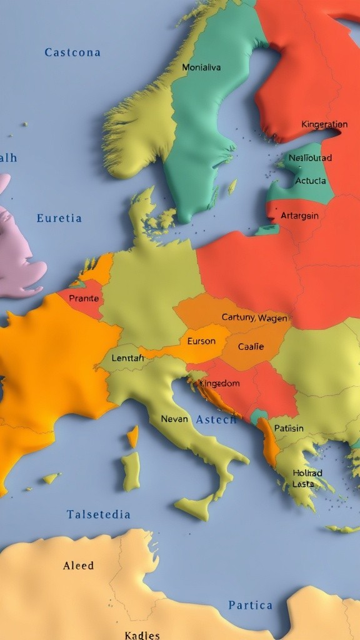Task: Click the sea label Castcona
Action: click(72, 52)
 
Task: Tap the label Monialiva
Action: click(201, 67)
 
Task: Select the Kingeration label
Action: click(324, 124)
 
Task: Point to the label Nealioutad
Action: click(311, 157)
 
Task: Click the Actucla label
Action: click(310, 181)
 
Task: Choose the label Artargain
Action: click(299, 216)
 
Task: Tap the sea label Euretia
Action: click(59, 218)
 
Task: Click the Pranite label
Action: click(84, 298)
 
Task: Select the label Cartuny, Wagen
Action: click(255, 317)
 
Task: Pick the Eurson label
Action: click(201, 341)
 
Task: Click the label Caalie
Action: click(251, 346)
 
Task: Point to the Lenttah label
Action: click(127, 358)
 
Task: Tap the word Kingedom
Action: click(219, 383)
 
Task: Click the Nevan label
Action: click(174, 419)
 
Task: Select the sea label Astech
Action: click(216, 419)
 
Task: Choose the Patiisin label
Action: click(289, 428)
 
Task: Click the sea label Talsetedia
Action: click(99, 514)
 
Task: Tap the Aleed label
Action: click(79, 566)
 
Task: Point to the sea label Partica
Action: click(250, 605)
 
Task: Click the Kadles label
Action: click(142, 635)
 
